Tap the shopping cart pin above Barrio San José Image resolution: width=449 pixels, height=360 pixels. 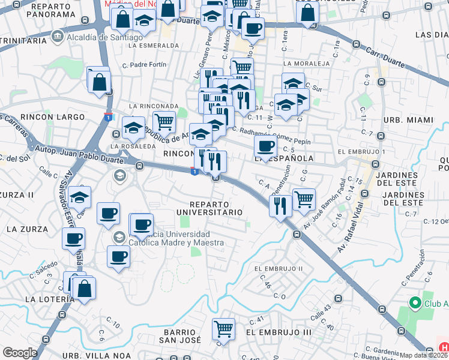[x=223, y=328]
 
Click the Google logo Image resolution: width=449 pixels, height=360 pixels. [x=20, y=353]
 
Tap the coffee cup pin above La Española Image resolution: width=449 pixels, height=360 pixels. [x=265, y=145]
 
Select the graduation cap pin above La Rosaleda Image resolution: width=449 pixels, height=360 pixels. [x=133, y=127]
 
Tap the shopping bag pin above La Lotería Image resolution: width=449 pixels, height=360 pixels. [x=85, y=288]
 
